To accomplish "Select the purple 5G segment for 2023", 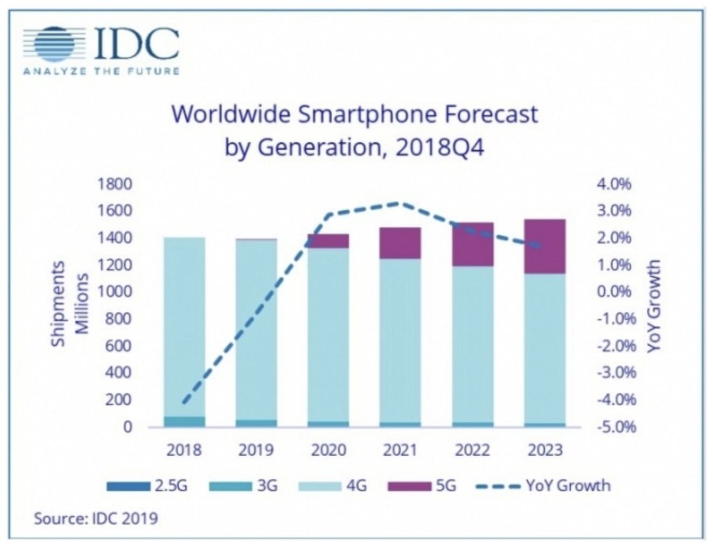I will [545, 246].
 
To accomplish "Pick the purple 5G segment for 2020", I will [328, 241].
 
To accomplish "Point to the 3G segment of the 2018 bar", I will [185, 421].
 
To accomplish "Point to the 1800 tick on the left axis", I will [115, 184].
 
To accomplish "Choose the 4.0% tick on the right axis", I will [614, 184].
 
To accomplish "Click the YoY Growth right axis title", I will [653, 306].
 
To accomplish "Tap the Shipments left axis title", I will [58, 304].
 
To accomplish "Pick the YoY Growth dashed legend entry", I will [544, 486].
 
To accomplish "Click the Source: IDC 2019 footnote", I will [96, 519].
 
